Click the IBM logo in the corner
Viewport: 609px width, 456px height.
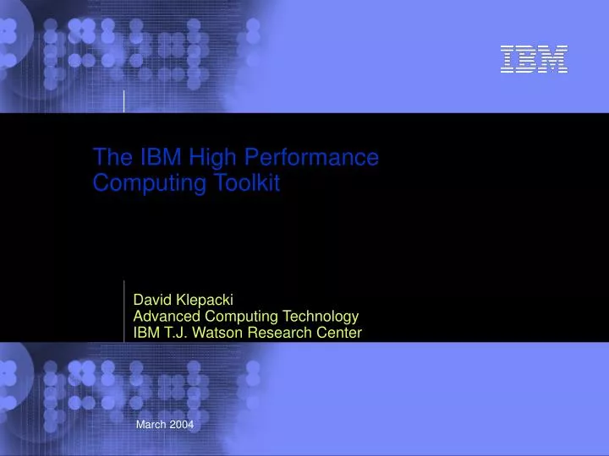[x=534, y=59]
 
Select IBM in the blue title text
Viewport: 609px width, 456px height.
[x=147, y=157]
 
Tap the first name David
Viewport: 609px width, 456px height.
[x=152, y=299]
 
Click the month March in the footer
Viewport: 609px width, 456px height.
[x=151, y=425]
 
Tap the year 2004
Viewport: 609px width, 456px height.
[x=182, y=425]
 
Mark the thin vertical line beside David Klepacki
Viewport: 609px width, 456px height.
[x=124, y=311]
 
